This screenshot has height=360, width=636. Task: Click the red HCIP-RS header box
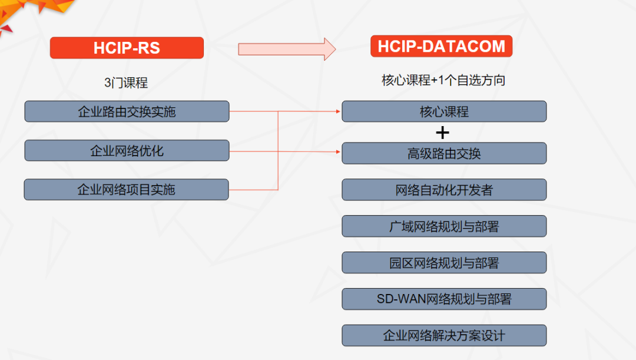(x=127, y=48)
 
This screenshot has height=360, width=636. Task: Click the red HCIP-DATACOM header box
(x=441, y=47)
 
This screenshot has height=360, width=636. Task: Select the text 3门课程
(x=126, y=83)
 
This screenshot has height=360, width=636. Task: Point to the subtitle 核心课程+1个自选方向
(x=443, y=81)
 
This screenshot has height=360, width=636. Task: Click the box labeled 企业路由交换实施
(x=127, y=111)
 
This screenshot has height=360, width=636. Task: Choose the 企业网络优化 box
(x=127, y=150)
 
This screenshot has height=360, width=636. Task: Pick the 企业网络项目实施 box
(x=126, y=189)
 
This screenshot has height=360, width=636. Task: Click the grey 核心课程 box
(x=444, y=111)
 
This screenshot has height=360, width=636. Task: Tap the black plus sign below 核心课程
(x=442, y=133)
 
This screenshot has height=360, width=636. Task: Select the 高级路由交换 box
(x=444, y=153)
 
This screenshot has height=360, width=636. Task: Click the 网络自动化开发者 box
(x=444, y=190)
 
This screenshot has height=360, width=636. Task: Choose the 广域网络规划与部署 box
(x=444, y=226)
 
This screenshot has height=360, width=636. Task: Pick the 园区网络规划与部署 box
(x=444, y=263)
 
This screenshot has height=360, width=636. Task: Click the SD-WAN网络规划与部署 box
(x=444, y=299)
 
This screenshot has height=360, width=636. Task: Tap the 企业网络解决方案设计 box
(x=444, y=336)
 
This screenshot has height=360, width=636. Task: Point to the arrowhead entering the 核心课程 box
(x=339, y=111)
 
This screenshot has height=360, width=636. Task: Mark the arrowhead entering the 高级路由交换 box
(x=339, y=152)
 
